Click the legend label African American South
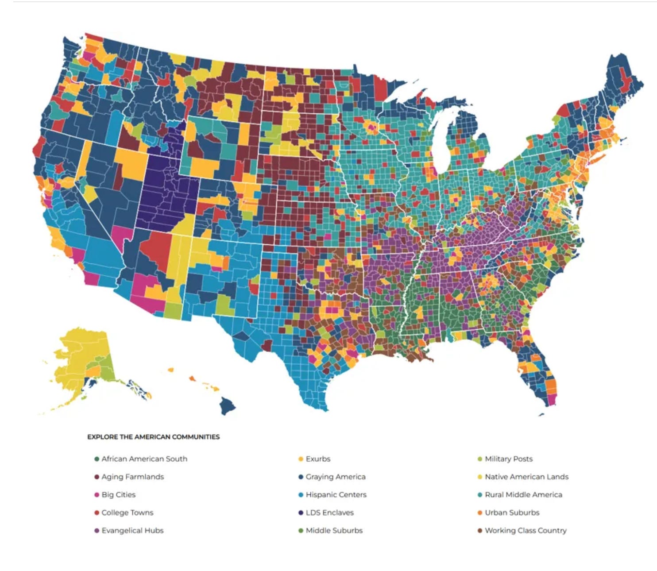click(144, 459)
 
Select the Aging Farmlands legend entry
click(132, 477)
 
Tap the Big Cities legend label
click(118, 495)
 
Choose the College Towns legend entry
click(127, 513)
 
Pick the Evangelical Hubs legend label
click(132, 530)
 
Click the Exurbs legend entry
click(318, 459)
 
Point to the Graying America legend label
click(336, 477)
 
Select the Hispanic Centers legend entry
click(336, 495)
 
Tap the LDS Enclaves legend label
click(329, 513)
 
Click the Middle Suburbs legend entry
click(334, 530)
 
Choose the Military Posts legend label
click(509, 459)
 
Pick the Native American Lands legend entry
click(526, 477)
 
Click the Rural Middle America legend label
click(523, 495)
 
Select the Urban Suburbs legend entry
click(512, 513)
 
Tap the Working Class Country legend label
click(526, 530)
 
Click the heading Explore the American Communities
click(153, 437)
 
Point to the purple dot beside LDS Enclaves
click(301, 513)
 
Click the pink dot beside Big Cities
click(97, 495)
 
